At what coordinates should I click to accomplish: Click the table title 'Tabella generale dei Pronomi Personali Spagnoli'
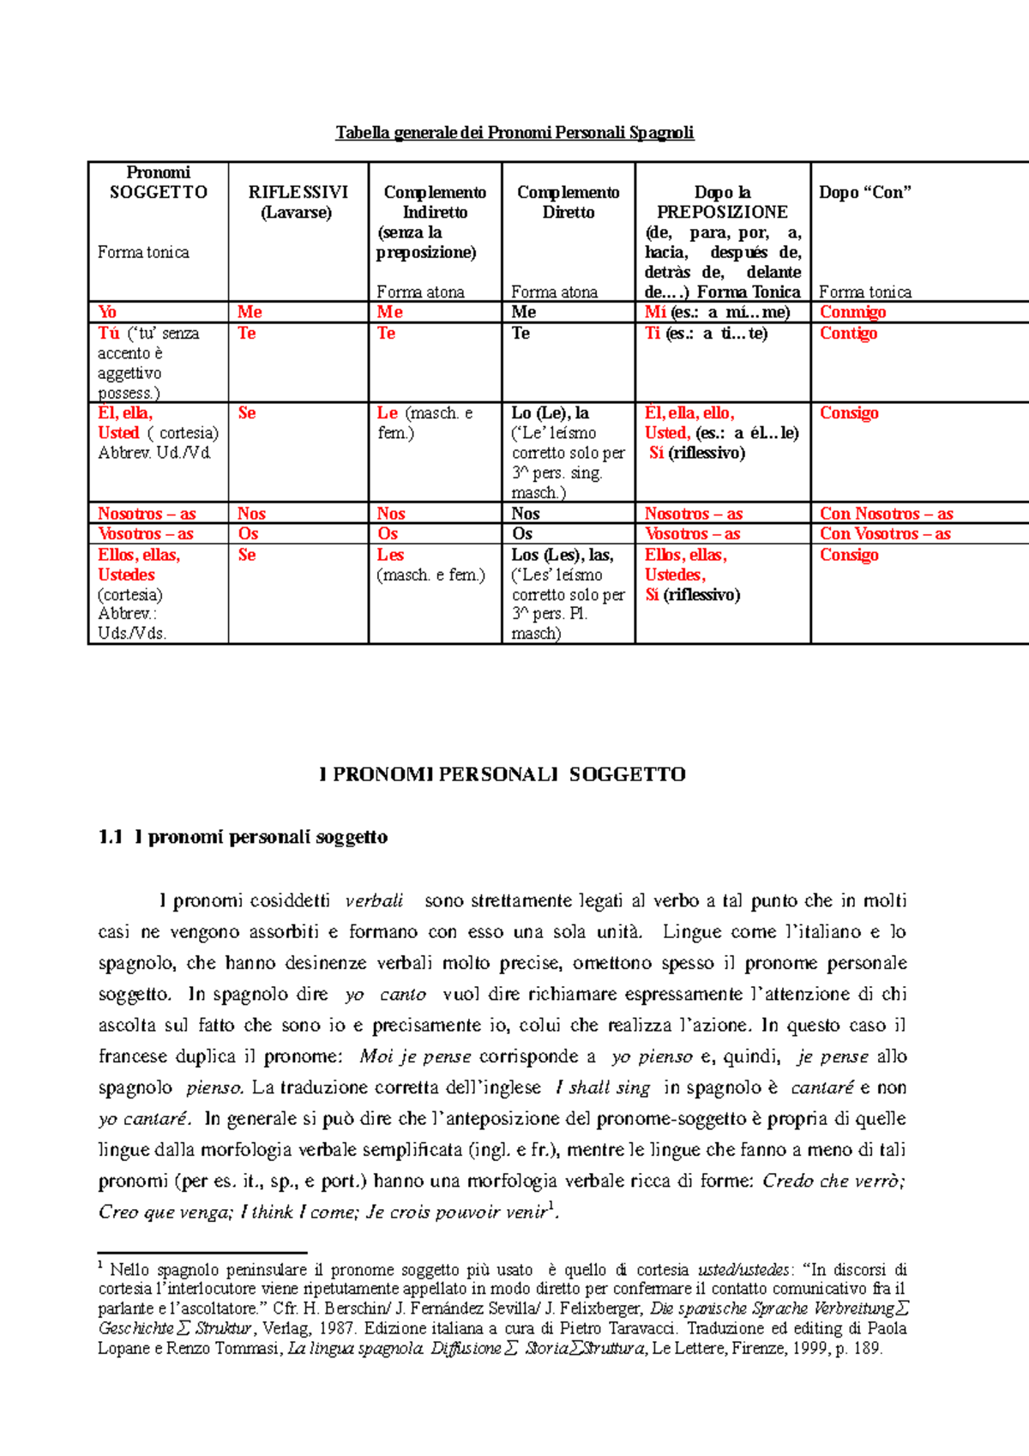pos(514,133)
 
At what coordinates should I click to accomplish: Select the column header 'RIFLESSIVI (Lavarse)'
pos(298,202)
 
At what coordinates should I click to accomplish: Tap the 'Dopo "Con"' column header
pos(864,193)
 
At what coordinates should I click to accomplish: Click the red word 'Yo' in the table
pos(107,312)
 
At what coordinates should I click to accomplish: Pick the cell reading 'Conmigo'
pos(852,312)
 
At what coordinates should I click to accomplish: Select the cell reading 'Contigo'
pos(848,334)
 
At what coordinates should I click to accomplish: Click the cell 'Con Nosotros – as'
pos(886,514)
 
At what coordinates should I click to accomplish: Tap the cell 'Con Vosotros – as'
pos(885,533)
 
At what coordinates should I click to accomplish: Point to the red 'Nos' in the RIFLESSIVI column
pos(251,514)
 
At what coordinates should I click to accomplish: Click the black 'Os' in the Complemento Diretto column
pos(522,533)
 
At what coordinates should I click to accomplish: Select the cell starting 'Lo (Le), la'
pos(551,413)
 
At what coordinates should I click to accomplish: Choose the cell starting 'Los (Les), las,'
pos(563,556)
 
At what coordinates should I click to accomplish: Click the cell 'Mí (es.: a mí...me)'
pos(717,312)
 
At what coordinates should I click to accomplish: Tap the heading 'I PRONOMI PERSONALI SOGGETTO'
pos(502,774)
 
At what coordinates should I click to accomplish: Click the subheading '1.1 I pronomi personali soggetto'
pos(243,837)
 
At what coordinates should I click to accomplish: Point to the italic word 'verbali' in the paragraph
pos(374,901)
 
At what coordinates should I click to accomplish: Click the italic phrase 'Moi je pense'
pos(415,1056)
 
